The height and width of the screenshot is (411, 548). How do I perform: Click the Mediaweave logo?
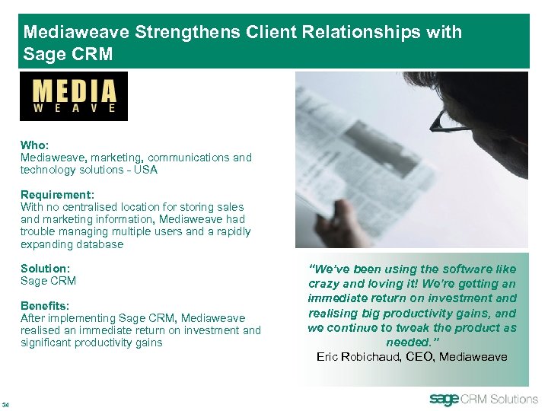click(x=74, y=96)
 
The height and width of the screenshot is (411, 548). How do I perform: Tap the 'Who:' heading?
click(x=35, y=145)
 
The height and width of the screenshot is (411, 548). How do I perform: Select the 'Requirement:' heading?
click(x=57, y=194)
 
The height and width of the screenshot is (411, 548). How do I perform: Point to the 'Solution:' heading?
click(x=45, y=269)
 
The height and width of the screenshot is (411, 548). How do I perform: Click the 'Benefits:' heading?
click(x=45, y=305)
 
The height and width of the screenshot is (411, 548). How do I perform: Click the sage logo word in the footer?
click(x=445, y=399)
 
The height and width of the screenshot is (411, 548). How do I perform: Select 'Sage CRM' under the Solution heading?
click(x=48, y=281)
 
